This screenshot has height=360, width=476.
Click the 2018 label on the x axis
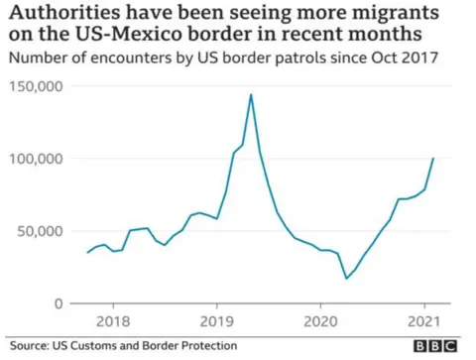point(113,322)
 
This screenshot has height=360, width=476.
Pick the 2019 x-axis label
point(217,322)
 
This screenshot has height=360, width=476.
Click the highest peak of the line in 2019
point(251,94)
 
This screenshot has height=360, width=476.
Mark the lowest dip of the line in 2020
point(346,279)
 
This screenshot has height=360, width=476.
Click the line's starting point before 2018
point(87,253)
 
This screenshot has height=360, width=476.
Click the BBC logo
point(435,346)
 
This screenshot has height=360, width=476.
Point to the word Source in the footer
point(30,346)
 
